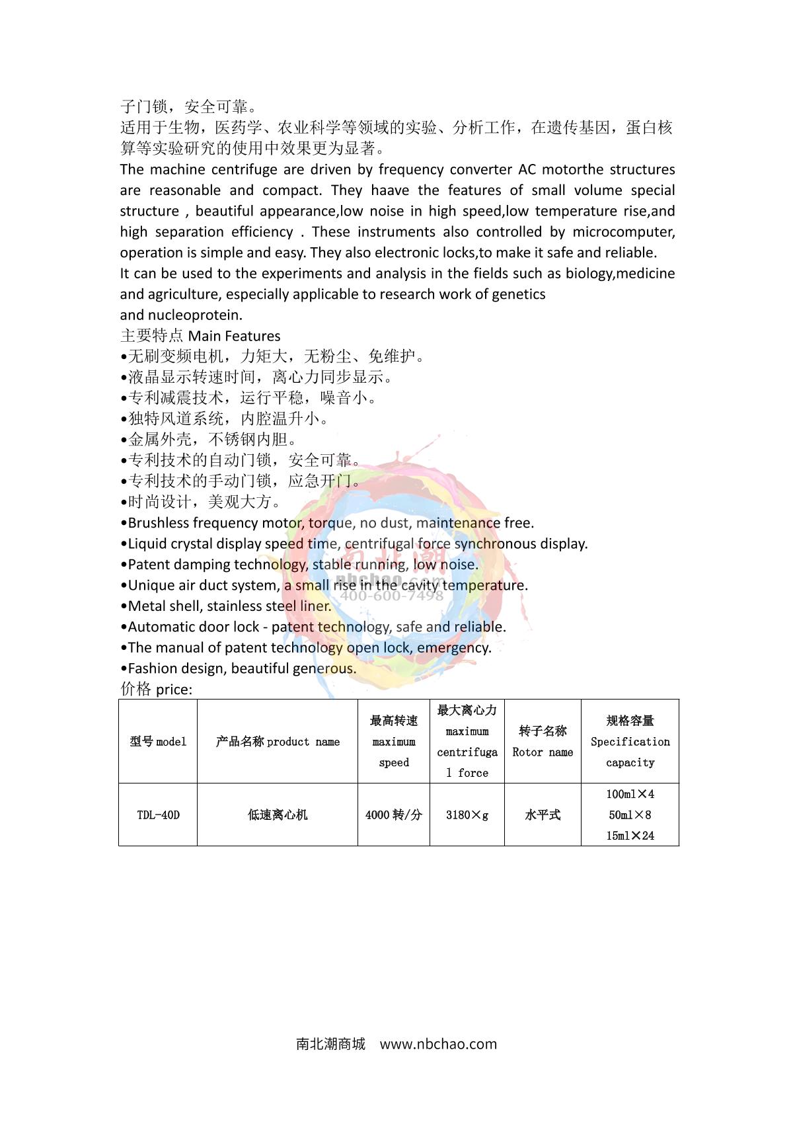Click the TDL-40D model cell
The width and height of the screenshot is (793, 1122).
pos(158,815)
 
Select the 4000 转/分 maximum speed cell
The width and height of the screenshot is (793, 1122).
pos(394,815)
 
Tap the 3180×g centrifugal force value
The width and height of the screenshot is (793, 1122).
pos(467,815)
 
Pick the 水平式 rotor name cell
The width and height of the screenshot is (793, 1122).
pos(543,815)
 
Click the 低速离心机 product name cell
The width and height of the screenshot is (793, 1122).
pos(278,815)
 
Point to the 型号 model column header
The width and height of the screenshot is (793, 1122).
pos(158,742)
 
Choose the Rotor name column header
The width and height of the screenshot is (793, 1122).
pos(543,742)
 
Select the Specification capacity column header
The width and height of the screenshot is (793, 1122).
pos(630,742)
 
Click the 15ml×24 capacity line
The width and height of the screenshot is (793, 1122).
pos(630,836)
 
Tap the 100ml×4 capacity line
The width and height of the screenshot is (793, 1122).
pos(630,794)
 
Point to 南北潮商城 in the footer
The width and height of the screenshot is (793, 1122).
pos(330,1045)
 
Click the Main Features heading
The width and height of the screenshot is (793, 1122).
pos(234,336)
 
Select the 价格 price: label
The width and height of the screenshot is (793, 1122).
pos(157,690)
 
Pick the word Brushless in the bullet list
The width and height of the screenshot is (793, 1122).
pos(159,523)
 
